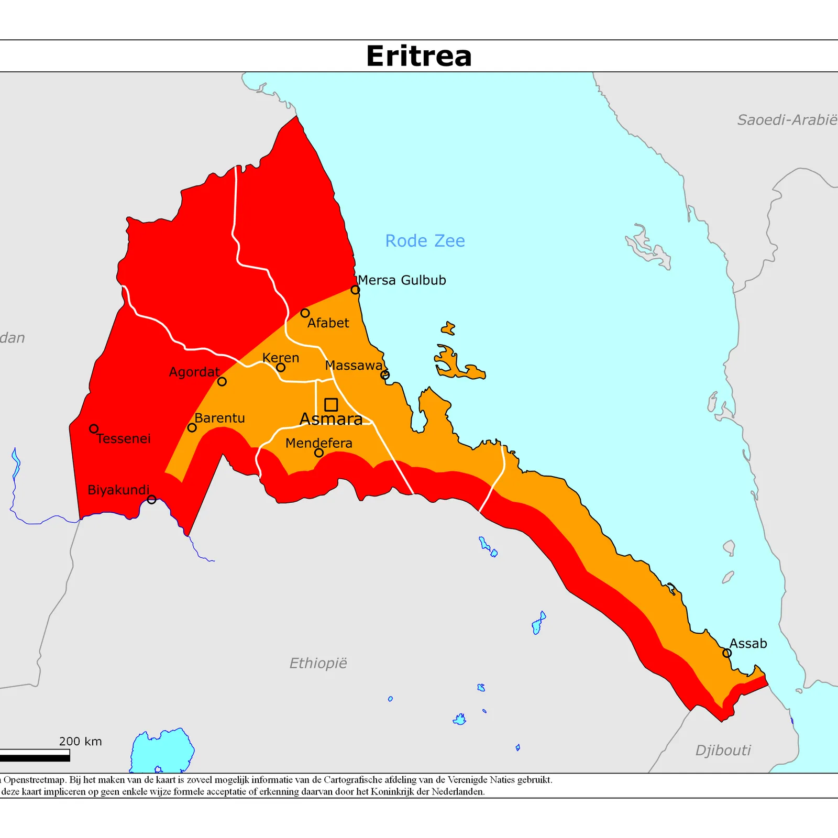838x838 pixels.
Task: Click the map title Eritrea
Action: [x=419, y=56]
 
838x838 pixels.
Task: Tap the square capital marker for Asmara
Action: [x=331, y=404]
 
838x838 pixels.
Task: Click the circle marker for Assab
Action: [x=727, y=653]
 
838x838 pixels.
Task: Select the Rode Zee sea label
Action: [x=425, y=241]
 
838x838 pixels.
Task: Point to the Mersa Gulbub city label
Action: [x=402, y=280]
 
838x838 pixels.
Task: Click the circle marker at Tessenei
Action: [x=94, y=429]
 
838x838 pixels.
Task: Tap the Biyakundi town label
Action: [x=118, y=490]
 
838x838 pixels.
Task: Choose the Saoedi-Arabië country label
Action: [x=787, y=120]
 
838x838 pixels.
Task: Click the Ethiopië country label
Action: [x=318, y=664]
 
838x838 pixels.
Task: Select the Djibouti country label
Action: [x=723, y=751]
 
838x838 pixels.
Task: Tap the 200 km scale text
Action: [x=80, y=741]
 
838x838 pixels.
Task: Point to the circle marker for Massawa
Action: [x=385, y=375]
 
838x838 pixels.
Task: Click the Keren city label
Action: [x=281, y=358]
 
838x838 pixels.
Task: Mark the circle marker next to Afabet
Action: [x=305, y=313]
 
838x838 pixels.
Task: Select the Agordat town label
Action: [x=194, y=372]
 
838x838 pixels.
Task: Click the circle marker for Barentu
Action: [x=192, y=428]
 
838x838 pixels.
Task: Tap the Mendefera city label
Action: [x=318, y=443]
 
